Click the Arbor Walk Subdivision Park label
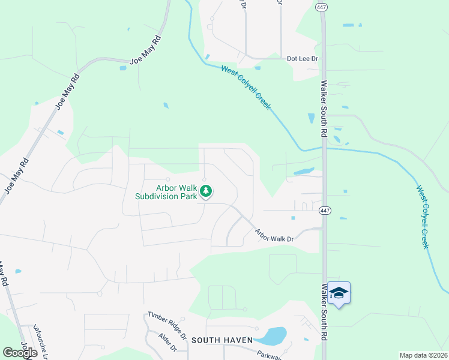(166, 191)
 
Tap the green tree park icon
(206, 191)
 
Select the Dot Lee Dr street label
(302, 59)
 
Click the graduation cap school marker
(339, 293)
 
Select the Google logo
(20, 353)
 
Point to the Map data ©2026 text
(423, 355)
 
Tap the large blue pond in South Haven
(274, 335)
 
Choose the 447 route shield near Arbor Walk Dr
(325, 211)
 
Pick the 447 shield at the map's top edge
(321, 5)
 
